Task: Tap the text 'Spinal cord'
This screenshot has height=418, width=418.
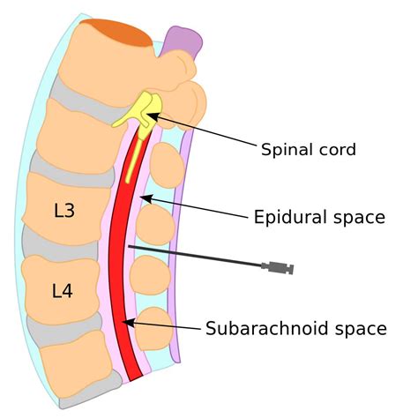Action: (308, 149)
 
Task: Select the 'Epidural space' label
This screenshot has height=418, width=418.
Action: (319, 217)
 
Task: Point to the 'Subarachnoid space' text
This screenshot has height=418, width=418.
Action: (295, 329)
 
